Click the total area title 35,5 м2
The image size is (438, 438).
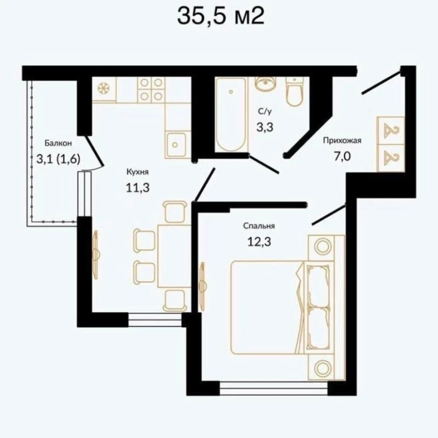coord(221,16)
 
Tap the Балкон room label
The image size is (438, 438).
coord(58,143)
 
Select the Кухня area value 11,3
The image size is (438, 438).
coord(138,187)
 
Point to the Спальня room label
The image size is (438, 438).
coord(259,226)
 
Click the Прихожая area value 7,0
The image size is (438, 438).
coord(342,157)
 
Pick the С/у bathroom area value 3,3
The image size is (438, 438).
coord(265,128)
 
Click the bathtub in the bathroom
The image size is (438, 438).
coord(230,114)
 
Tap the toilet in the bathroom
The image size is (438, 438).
coord(294,91)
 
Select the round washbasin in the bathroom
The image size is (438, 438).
coord(265,84)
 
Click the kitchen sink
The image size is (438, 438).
coord(175,145)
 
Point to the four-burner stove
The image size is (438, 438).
coord(151,89)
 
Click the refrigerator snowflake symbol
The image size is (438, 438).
coord(103,89)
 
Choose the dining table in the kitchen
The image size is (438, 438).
coord(174,256)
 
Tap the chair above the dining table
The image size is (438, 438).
coord(175,212)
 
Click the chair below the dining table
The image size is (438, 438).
coord(175,300)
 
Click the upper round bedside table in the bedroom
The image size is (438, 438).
coord(322,246)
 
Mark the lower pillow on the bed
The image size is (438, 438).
coord(319,328)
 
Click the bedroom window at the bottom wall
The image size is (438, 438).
coord(273,389)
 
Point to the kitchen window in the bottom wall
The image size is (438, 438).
coord(155,320)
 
